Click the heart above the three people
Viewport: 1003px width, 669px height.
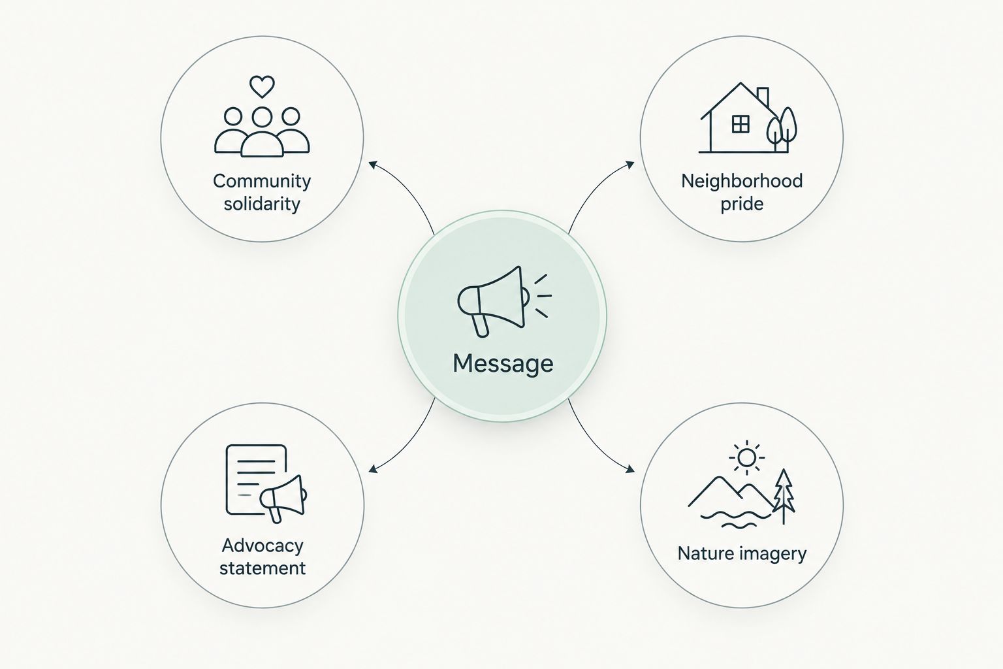pyautogui.click(x=262, y=86)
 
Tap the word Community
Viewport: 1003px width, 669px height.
pyautogui.click(x=262, y=181)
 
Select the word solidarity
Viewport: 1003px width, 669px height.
pyautogui.click(x=262, y=204)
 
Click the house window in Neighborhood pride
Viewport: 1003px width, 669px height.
pyautogui.click(x=740, y=124)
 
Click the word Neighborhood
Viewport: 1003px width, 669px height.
pyautogui.click(x=742, y=181)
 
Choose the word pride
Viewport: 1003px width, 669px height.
pyautogui.click(x=742, y=204)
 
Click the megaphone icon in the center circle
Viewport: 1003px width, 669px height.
pyautogui.click(x=504, y=301)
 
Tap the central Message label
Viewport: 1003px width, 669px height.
pyautogui.click(x=503, y=363)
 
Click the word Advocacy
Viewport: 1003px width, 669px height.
pyautogui.click(x=263, y=546)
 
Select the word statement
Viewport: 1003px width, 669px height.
pyautogui.click(x=263, y=568)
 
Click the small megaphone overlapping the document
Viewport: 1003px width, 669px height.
pyautogui.click(x=283, y=498)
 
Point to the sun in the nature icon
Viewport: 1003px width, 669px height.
pyautogui.click(x=746, y=458)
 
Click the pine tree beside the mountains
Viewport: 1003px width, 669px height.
pyautogui.click(x=784, y=496)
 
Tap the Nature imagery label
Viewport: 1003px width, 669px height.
pyautogui.click(x=742, y=553)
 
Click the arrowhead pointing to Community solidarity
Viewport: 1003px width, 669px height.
pyautogui.click(x=372, y=165)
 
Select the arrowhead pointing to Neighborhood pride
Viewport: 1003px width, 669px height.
pyautogui.click(x=630, y=165)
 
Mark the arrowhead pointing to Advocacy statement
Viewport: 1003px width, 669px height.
pyautogui.click(x=373, y=468)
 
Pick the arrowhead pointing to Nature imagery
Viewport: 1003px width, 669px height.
pyautogui.click(x=630, y=469)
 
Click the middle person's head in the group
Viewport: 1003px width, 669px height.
pyautogui.click(x=262, y=117)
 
